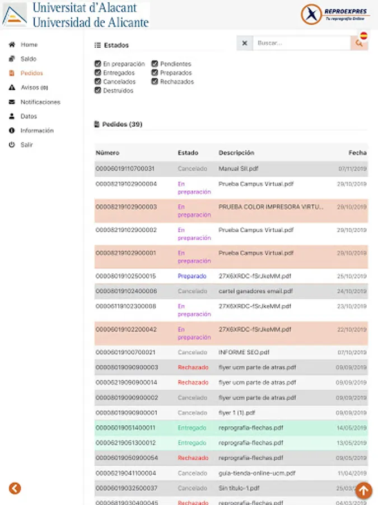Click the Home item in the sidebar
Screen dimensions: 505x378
[29, 44]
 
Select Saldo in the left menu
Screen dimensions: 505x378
[28, 59]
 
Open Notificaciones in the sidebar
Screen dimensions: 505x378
[40, 102]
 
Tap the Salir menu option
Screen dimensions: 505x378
[26, 145]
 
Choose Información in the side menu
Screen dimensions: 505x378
[36, 131]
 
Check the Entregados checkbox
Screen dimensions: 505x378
[98, 73]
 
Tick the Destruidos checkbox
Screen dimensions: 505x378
[98, 90]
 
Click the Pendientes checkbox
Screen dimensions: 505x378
[155, 64]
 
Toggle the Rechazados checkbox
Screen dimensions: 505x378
[155, 81]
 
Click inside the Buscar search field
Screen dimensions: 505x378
[301, 43]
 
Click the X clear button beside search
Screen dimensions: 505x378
[245, 43]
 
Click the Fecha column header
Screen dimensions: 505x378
[357, 153]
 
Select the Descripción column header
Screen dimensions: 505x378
[236, 153]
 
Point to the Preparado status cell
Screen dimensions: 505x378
[192, 276]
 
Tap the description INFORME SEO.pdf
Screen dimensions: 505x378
[244, 352]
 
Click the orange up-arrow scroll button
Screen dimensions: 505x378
[363, 490]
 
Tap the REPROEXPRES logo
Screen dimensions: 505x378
[334, 14]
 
